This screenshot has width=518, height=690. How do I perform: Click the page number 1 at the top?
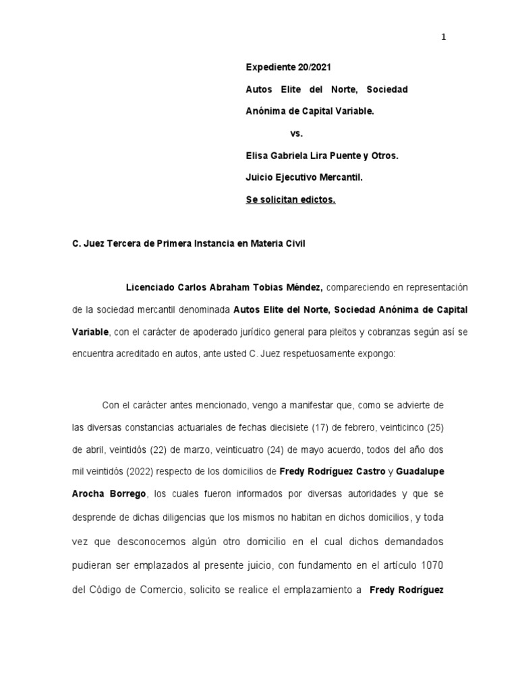coord(444,37)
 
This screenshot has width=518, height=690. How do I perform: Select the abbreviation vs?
coord(297,133)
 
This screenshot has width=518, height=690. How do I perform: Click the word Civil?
coord(293,243)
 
